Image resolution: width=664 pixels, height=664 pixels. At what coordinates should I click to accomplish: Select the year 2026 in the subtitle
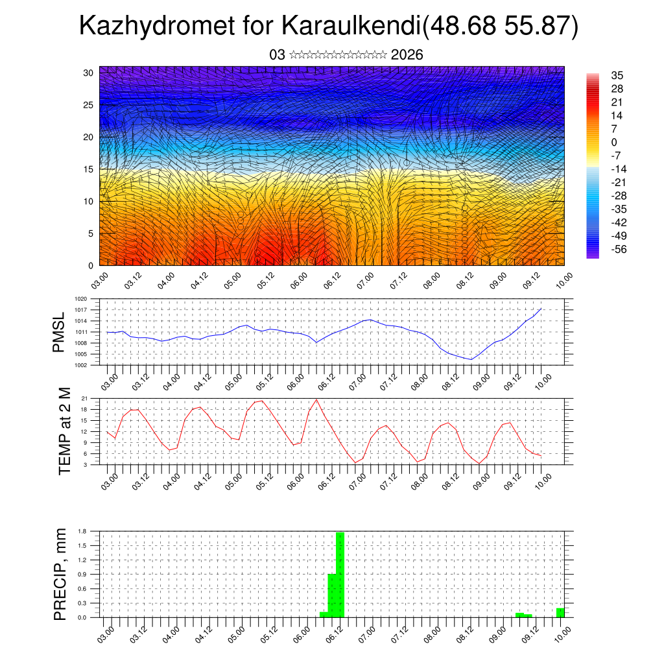(407, 55)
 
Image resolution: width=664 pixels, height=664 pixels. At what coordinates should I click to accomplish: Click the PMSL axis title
(59, 332)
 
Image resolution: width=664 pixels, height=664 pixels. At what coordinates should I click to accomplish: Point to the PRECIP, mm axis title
(60, 574)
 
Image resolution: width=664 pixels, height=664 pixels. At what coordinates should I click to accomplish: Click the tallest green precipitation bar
(340, 574)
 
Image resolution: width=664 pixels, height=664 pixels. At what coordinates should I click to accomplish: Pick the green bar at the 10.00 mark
(560, 613)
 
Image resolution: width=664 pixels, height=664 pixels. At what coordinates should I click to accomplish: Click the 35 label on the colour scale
(617, 76)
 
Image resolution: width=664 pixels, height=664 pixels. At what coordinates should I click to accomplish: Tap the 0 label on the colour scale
(614, 142)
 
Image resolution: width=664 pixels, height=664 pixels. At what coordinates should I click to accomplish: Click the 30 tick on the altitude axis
(89, 73)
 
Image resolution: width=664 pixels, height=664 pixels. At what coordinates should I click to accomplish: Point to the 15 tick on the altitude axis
(89, 169)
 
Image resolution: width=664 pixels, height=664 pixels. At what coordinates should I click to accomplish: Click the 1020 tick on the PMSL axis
(81, 299)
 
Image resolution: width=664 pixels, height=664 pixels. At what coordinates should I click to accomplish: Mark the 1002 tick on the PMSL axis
(81, 365)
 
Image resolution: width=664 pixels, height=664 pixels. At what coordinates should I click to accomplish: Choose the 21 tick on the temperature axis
(84, 398)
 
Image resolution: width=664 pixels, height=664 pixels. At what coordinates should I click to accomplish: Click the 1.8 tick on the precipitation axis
(82, 531)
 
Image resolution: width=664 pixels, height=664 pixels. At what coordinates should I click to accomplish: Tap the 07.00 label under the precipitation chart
(367, 633)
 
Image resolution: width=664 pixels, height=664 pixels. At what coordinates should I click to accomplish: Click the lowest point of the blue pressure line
(471, 359)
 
